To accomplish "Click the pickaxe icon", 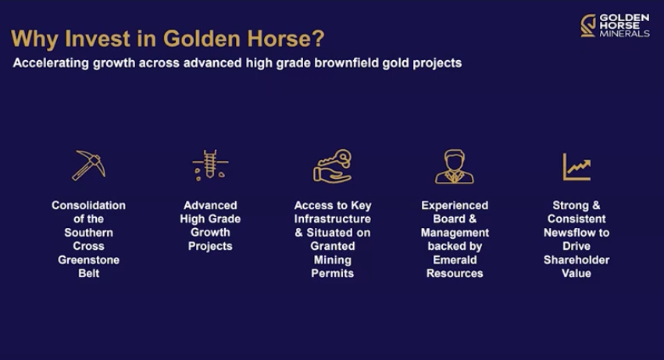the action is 88,166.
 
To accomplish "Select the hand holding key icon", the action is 333,166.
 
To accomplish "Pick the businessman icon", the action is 455,166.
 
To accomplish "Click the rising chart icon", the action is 577,167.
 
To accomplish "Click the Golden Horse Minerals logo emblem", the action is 588,26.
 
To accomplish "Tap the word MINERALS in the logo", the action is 624,34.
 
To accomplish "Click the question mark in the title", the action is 318,38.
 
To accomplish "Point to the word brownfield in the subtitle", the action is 346,62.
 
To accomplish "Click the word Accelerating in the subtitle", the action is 51,62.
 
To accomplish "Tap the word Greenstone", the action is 88,259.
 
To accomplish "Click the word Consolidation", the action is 88,205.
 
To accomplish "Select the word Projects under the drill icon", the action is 210,246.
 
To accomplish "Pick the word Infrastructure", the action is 333,219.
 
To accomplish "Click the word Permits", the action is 333,273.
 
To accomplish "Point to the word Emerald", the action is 455,259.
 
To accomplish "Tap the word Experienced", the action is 455,205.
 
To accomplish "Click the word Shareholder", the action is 577,259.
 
